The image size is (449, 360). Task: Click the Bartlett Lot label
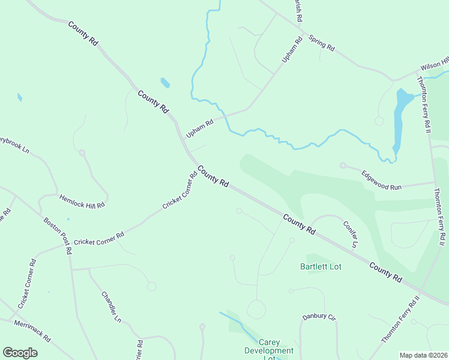coord(321,266)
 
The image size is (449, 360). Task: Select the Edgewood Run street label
coord(381,180)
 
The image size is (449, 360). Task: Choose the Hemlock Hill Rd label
coord(82,200)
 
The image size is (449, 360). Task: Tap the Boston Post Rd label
coord(58,235)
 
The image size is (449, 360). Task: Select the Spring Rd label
coord(321,43)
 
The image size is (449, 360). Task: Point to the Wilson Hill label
coord(434,62)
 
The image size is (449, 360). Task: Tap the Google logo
coord(20,353)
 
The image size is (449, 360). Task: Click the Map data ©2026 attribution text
coord(423,355)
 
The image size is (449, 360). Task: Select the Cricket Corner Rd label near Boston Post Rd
coord(99,238)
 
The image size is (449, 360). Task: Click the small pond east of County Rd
coord(165,82)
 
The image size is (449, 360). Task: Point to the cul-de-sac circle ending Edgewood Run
coord(343,166)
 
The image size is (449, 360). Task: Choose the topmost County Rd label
coord(83,34)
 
